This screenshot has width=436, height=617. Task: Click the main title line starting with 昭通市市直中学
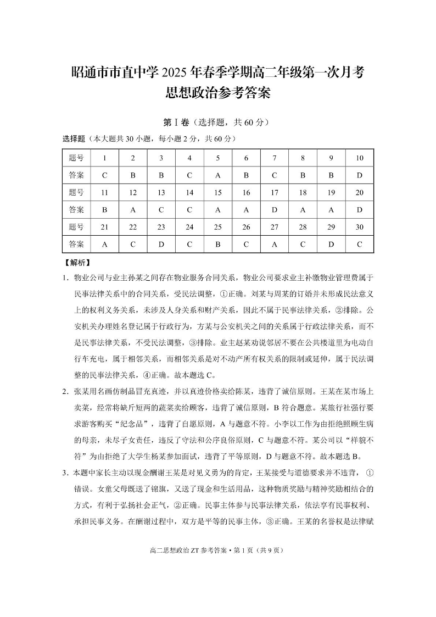point(218,72)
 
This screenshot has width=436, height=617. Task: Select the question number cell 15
point(217,192)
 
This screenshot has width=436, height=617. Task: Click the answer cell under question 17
point(274,209)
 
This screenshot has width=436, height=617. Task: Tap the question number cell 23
point(161,227)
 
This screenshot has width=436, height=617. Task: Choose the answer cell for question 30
point(359,244)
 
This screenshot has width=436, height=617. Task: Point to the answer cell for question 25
point(217,244)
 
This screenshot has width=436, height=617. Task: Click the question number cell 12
point(133,192)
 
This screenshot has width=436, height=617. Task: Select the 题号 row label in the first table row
point(76,158)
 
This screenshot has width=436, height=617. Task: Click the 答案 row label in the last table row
point(76,244)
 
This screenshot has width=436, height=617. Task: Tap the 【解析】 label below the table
point(77,263)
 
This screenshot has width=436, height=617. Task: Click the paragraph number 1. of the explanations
point(65,277)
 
